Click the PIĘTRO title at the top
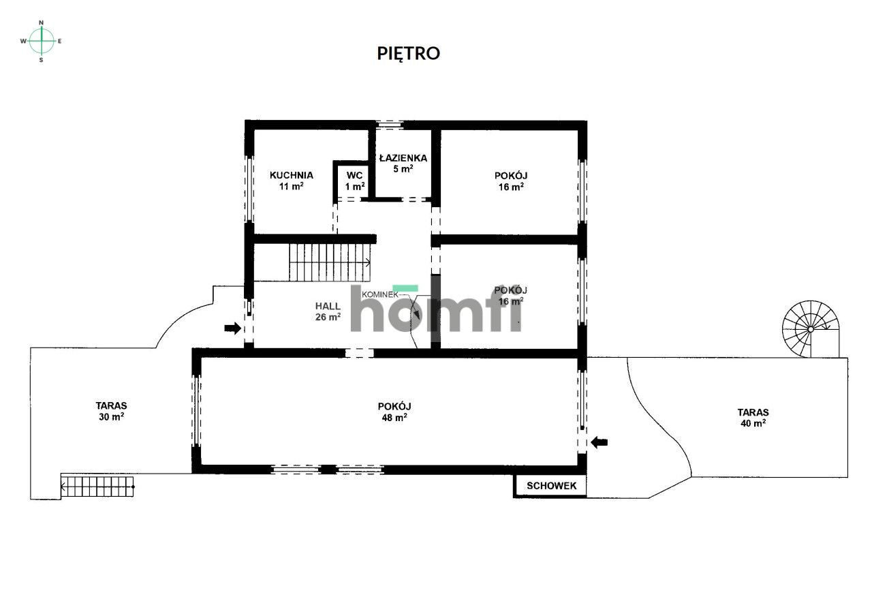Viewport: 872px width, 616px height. [x=408, y=54]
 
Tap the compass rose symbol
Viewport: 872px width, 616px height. [x=42, y=41]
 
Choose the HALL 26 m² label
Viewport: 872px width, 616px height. [x=328, y=311]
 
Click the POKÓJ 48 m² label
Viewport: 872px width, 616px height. [x=394, y=412]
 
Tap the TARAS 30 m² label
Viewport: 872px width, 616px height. [x=111, y=411]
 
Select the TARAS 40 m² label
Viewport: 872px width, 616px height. [x=753, y=418]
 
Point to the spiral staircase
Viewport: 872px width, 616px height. [x=811, y=329]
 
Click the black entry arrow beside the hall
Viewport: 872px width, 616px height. [x=233, y=328]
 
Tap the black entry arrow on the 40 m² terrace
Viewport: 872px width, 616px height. [x=599, y=442]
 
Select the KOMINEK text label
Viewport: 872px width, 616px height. [x=380, y=295]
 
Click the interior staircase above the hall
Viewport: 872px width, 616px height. [x=329, y=262]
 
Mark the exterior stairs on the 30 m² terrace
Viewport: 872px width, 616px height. [x=97, y=487]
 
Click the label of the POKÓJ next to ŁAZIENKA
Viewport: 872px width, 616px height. [x=511, y=181]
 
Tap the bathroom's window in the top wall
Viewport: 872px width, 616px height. [x=389, y=125]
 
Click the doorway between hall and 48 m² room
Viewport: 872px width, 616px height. [x=359, y=353]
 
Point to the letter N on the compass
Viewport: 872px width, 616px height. [x=42, y=22]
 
